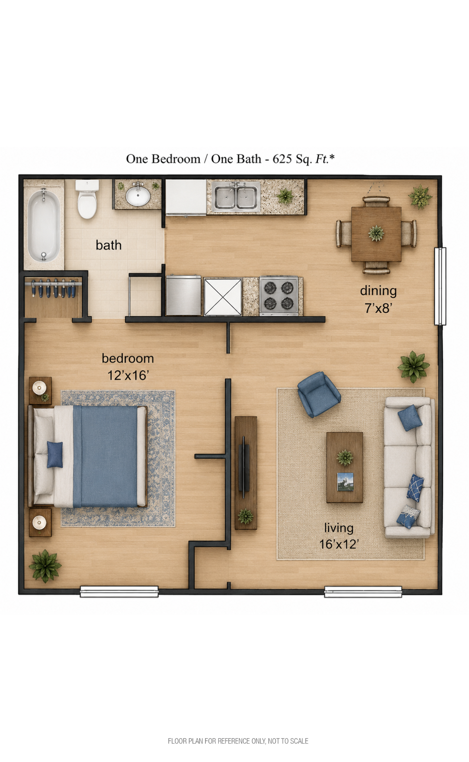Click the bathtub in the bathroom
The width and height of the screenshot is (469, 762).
[44, 225]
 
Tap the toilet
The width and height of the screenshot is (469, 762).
[87, 199]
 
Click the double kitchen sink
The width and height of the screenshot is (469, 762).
[236, 196]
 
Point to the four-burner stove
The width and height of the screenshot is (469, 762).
[279, 296]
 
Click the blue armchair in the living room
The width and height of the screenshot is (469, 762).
[319, 394]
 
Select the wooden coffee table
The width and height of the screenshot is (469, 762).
[345, 467]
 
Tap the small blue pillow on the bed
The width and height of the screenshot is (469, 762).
[55, 454]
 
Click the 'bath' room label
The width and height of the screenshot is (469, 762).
[109, 245]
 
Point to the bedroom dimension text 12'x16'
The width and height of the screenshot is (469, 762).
[129, 375]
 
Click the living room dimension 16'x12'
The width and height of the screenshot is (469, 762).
[339, 544]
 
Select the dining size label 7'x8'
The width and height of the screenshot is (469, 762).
[378, 308]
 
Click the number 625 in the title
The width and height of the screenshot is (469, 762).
[283, 159]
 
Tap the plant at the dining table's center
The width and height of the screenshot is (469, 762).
[376, 233]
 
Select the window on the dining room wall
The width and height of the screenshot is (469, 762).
[440, 286]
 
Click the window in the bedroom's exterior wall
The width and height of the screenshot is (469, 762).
[119, 592]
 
